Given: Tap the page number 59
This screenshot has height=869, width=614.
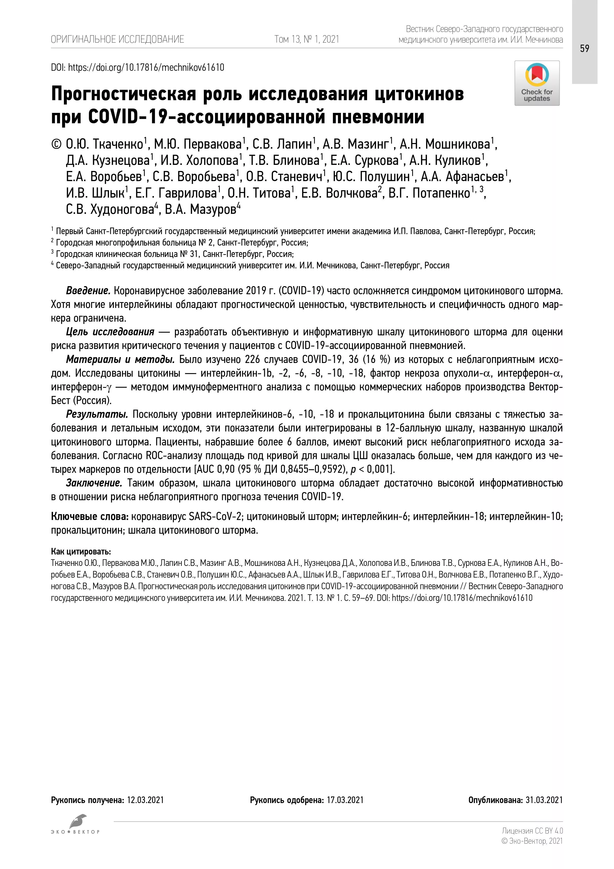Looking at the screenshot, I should coord(585,48).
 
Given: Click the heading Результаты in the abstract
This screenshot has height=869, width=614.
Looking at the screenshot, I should coord(97,414).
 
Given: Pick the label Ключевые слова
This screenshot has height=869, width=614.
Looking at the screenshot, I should coord(89,517).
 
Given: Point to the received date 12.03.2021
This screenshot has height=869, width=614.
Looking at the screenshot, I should coord(145,800).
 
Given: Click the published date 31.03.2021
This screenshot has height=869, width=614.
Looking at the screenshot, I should coord(544,800).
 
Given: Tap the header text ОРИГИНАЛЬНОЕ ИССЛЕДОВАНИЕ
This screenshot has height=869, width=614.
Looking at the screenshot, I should coord(117,39).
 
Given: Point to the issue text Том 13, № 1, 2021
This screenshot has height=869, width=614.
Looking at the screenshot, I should coord(306,39).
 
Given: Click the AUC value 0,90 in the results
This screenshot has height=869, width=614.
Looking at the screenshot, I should coord(225,469).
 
